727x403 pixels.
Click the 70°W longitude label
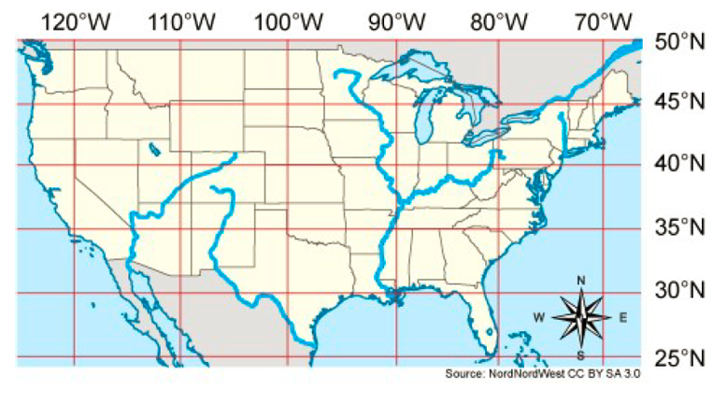[603, 21]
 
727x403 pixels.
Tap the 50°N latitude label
[680, 41]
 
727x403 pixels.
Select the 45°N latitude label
[680, 101]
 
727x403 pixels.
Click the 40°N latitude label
[680, 165]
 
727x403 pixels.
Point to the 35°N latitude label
[680, 227]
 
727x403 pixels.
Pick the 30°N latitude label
[680, 291]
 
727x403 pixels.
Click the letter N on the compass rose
[580, 280]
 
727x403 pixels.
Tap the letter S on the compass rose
[580, 355]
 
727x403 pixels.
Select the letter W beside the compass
[539, 318]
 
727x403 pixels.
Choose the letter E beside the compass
[623, 318]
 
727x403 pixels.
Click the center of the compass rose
[580, 318]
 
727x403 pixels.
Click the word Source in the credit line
[464, 373]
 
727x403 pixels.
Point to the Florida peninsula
[478, 323]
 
